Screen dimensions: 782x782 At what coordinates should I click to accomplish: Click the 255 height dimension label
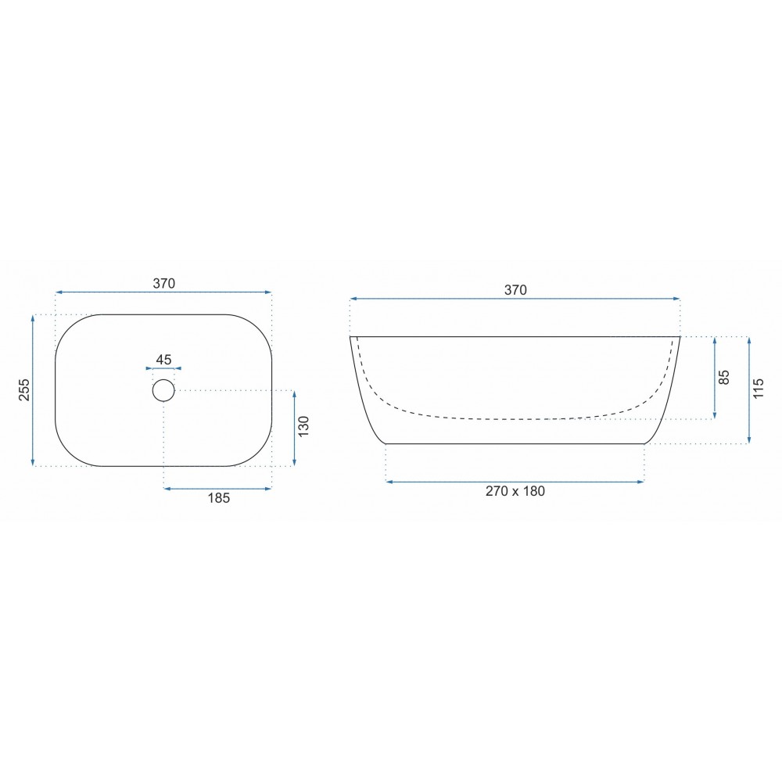click(24, 390)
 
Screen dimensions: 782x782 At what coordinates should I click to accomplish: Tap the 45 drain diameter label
click(163, 359)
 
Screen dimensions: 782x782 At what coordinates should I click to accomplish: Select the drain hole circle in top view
click(163, 390)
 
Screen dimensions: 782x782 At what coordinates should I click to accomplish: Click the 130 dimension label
click(303, 426)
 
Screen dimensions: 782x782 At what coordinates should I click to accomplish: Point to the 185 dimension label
click(218, 497)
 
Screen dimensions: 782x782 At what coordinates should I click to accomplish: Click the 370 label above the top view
click(164, 283)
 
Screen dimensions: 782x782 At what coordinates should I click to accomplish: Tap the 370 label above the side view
click(515, 290)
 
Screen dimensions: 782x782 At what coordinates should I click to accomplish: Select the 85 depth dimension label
click(725, 377)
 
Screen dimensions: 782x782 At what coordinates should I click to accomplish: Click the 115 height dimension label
click(758, 388)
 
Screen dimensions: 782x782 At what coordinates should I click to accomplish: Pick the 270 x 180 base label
click(515, 491)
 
